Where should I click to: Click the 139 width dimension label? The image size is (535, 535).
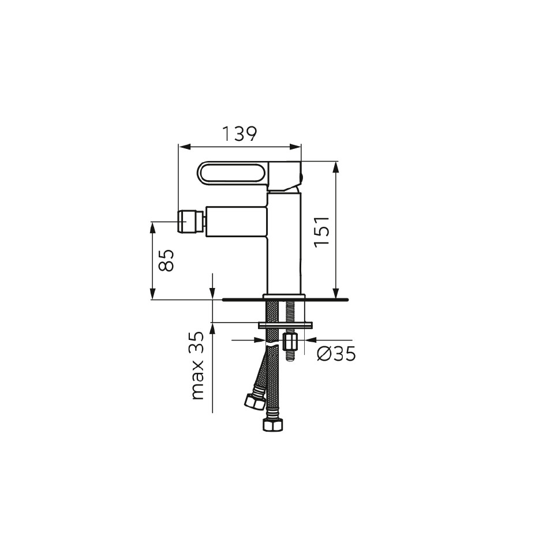click(x=239, y=134)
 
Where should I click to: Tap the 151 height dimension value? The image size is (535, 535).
click(x=322, y=232)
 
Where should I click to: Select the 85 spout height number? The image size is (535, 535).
click(x=167, y=260)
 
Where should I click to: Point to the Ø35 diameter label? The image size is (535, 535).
click(x=336, y=353)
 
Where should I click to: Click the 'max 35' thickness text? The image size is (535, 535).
click(x=198, y=365)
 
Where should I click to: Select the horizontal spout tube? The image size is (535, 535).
click(x=236, y=221)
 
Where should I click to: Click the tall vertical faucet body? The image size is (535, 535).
click(x=284, y=244)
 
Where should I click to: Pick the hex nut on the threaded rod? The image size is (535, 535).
click(x=290, y=342)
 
